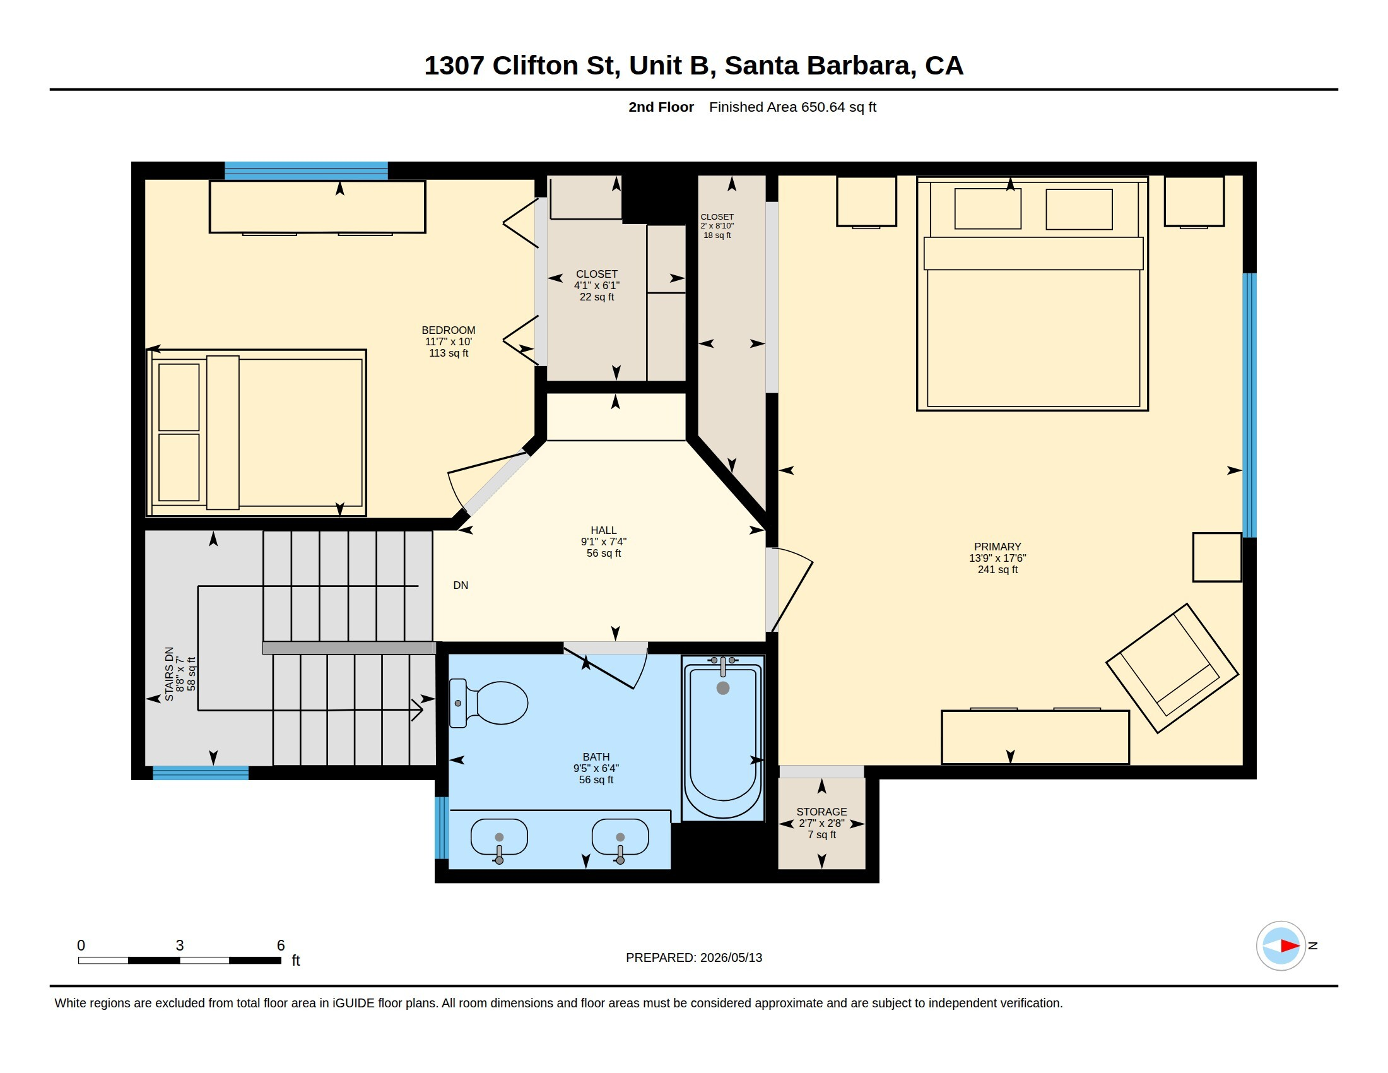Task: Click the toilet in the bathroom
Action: (488, 703)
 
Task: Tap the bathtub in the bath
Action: (722, 738)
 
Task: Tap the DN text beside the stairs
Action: (461, 586)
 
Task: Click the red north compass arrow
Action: (1290, 946)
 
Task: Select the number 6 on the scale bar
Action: (281, 946)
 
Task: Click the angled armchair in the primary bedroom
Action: (1172, 668)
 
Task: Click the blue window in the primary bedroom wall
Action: (1249, 405)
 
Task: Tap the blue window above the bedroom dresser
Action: (306, 171)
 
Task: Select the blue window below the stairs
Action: (200, 773)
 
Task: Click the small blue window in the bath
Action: (442, 827)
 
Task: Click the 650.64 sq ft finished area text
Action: (838, 107)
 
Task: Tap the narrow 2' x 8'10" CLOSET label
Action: (717, 226)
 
